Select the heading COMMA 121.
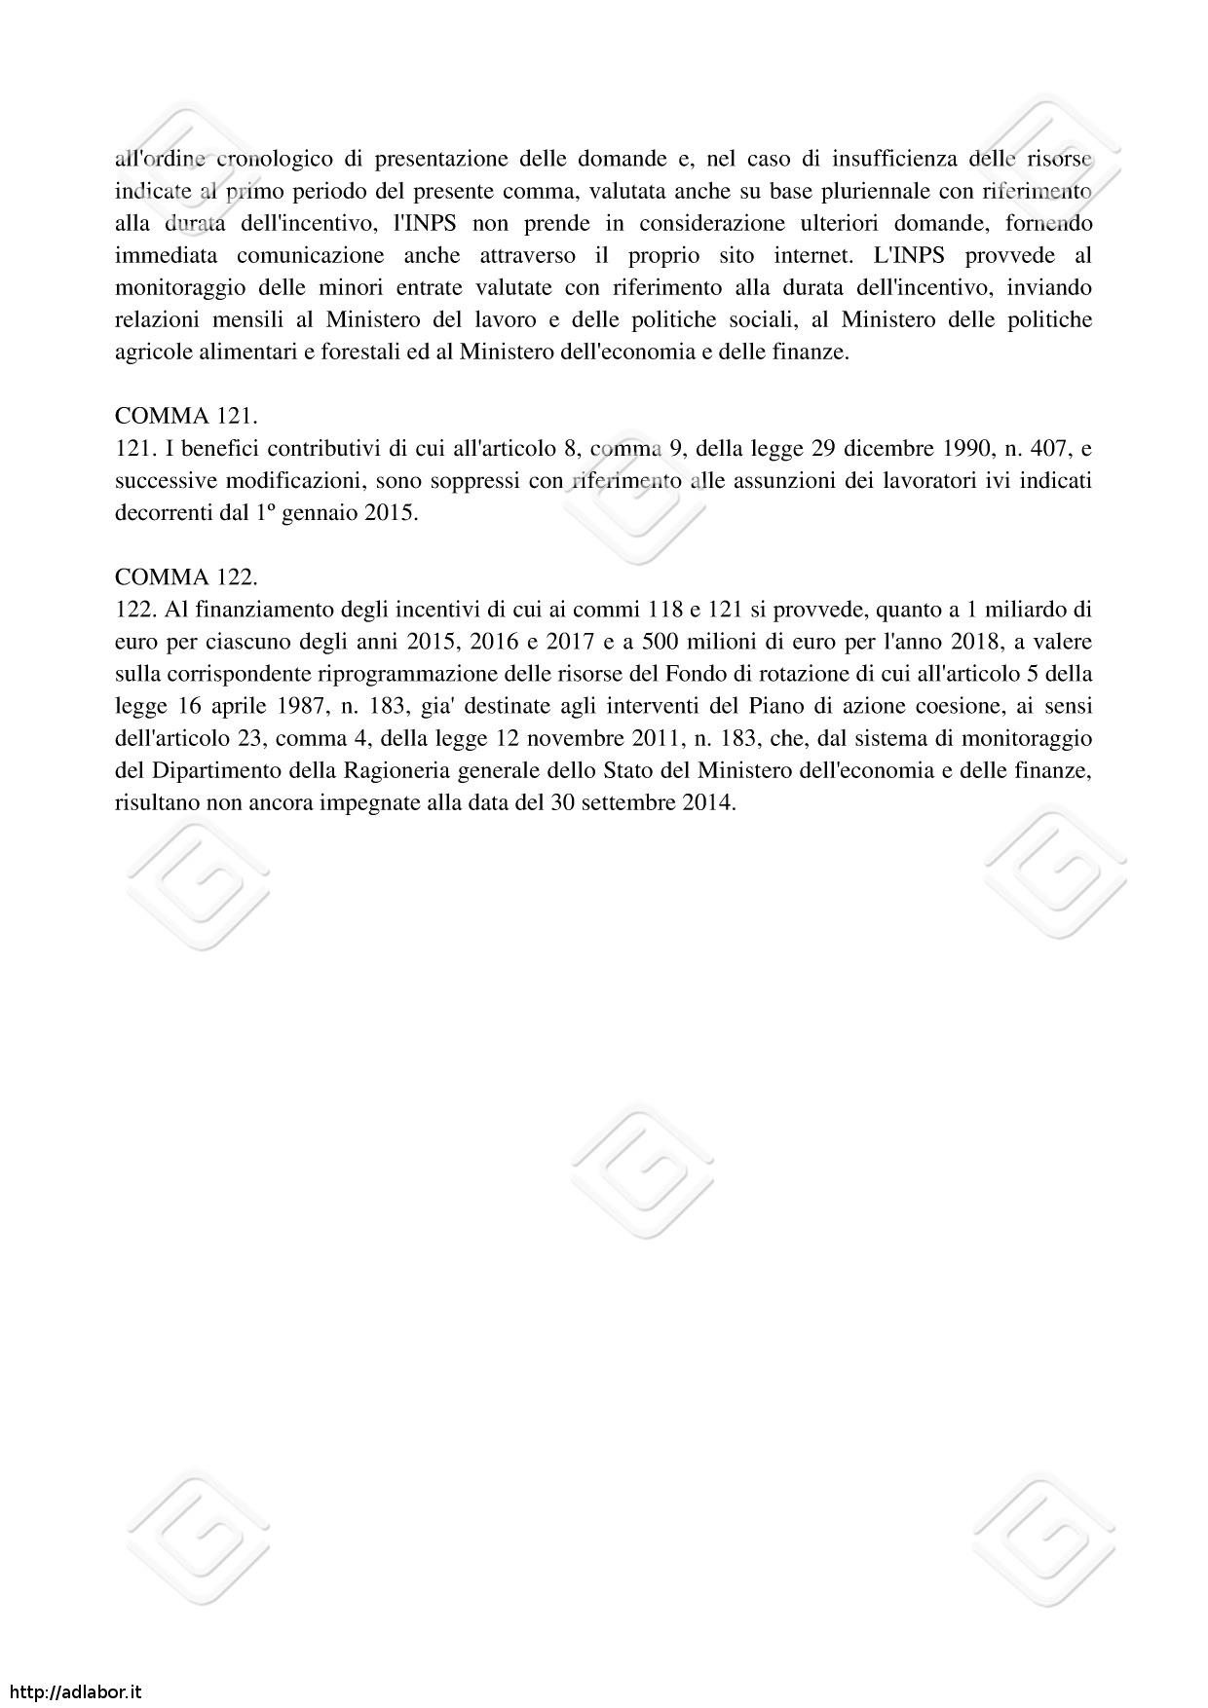186,417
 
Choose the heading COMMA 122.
186,577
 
